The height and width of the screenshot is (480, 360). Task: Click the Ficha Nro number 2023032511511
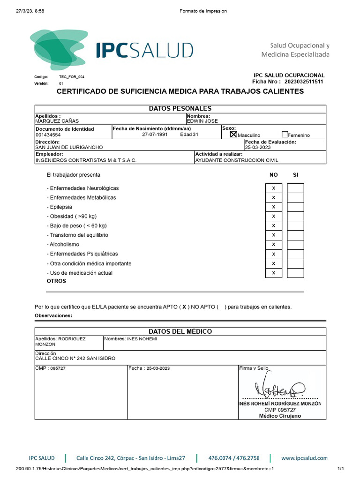tap(303, 82)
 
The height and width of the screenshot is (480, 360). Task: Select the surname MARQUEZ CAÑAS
tap(54, 121)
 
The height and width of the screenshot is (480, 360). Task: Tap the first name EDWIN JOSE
tap(202, 121)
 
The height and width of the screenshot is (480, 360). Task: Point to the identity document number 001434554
tap(48, 135)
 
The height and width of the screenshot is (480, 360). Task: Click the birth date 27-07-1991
tap(155, 135)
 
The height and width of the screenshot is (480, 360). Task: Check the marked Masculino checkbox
tap(233, 135)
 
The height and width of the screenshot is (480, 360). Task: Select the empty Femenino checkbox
tap(285, 135)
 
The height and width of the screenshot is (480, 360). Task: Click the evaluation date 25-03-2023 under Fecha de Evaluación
tap(258, 147)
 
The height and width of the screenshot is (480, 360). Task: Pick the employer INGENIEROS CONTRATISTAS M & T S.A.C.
tap(86, 160)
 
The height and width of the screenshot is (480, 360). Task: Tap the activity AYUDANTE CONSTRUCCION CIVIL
tap(236, 160)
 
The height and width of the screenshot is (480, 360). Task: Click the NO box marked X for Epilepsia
tap(274, 207)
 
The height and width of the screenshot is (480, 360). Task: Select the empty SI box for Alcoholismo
tap(295, 244)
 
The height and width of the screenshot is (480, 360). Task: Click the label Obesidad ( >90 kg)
tap(72, 216)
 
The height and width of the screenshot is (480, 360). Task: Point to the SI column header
tap(295, 175)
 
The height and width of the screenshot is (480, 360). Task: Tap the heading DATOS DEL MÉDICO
tap(180, 331)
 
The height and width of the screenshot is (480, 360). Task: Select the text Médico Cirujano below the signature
tap(280, 416)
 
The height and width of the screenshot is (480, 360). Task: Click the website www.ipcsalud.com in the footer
tap(304, 458)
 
